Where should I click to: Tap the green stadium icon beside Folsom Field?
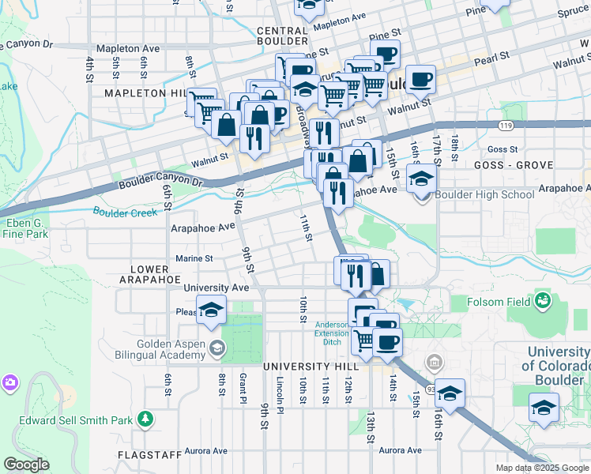[x=543, y=300]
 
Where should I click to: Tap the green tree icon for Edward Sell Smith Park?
[x=145, y=418]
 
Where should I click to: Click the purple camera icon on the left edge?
[x=9, y=382]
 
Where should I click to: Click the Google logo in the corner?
[x=26, y=465]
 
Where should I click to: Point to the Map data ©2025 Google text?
[x=541, y=468]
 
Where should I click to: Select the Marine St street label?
[x=193, y=258]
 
